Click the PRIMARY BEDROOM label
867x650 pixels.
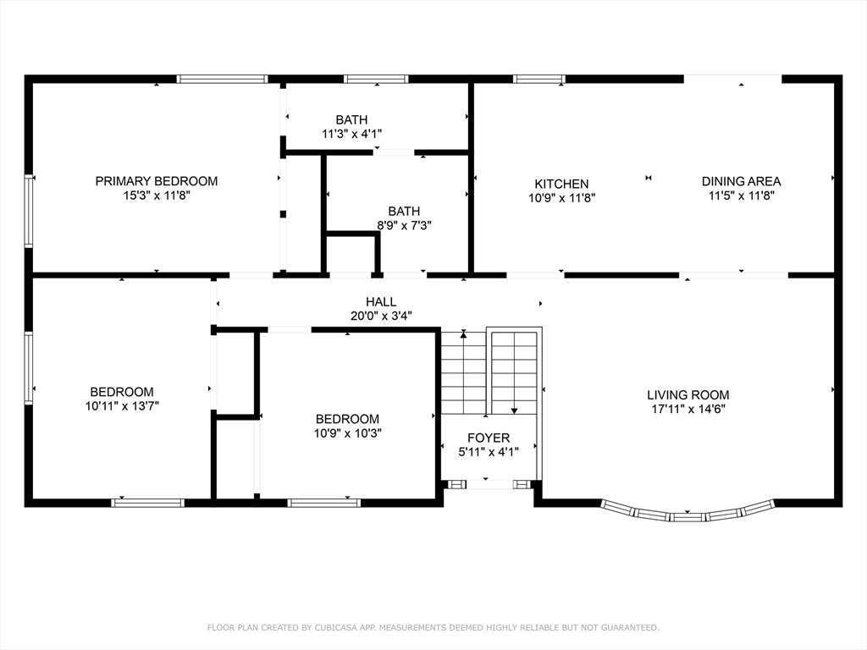(157, 181)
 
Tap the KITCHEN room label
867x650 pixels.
(561, 184)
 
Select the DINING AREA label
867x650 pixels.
(741, 181)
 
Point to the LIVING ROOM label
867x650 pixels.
(688, 394)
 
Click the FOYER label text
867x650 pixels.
(489, 438)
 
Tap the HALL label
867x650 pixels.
(381, 302)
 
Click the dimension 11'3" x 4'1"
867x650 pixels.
(351, 134)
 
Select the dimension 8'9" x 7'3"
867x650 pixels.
(404, 225)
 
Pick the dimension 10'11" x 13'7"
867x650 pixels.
(122, 406)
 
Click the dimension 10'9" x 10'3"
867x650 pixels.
(348, 433)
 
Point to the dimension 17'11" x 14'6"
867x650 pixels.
(688, 409)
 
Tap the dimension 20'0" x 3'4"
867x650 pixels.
(381, 317)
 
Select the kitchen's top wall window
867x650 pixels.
(539, 79)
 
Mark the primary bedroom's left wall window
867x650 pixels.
(29, 210)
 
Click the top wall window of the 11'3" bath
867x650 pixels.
(376, 79)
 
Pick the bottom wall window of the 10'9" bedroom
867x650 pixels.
(324, 503)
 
